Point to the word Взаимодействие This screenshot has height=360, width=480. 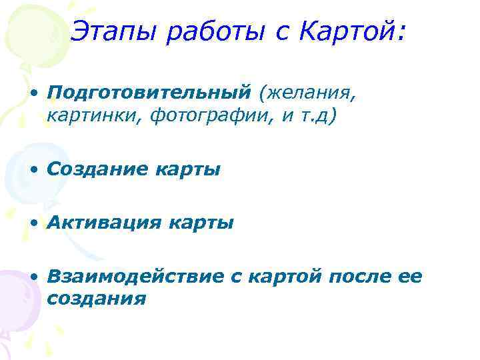[x=136, y=277]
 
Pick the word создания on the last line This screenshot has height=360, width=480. [x=97, y=298]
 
